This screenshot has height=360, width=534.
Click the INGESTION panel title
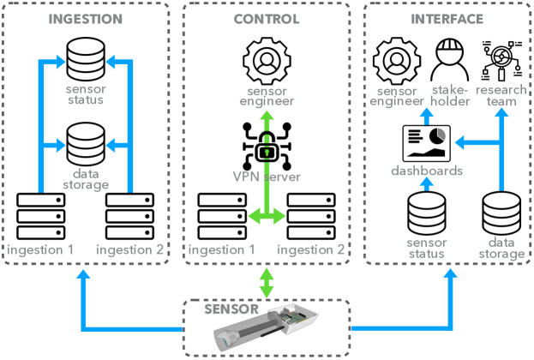click(86, 19)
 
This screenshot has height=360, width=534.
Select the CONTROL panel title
click(267, 19)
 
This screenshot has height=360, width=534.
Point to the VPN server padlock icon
click(267, 147)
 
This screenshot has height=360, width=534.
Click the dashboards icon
click(426, 142)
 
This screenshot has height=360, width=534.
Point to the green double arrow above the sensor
click(267, 282)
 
